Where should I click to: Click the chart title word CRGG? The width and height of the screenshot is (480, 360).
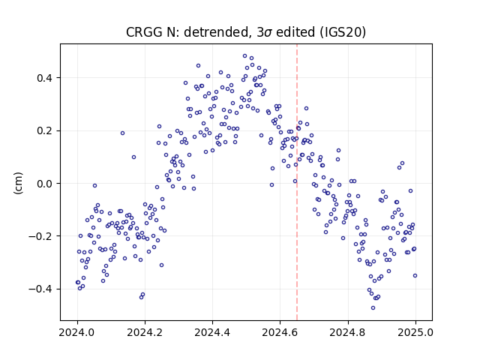click(x=145, y=32)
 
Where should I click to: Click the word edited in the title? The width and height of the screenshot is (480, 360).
click(x=295, y=32)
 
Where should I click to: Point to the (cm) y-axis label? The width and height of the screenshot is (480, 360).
click(x=18, y=183)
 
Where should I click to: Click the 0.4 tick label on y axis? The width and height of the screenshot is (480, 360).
click(x=44, y=78)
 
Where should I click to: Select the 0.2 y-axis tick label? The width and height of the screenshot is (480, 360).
click(x=44, y=130)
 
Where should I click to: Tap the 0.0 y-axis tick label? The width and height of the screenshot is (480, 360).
click(x=44, y=184)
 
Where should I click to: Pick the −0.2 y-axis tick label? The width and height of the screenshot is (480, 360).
click(x=40, y=236)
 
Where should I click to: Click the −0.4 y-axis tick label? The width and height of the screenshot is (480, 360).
click(x=40, y=289)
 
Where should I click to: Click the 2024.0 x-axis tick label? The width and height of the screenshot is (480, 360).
click(x=77, y=332)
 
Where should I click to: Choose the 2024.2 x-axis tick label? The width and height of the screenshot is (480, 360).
click(x=145, y=332)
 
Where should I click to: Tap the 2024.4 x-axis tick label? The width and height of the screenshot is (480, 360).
click(x=212, y=332)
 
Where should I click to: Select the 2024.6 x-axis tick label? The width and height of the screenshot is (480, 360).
click(x=280, y=332)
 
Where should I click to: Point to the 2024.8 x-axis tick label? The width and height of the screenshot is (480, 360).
click(x=348, y=332)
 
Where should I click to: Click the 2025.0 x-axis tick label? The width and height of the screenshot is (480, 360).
click(x=415, y=332)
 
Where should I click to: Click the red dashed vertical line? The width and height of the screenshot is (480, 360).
click(x=297, y=182)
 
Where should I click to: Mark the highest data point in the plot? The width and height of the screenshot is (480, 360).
click(x=245, y=56)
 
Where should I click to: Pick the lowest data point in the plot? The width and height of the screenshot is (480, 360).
click(x=373, y=308)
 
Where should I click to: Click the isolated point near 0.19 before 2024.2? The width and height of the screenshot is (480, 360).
click(x=122, y=133)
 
